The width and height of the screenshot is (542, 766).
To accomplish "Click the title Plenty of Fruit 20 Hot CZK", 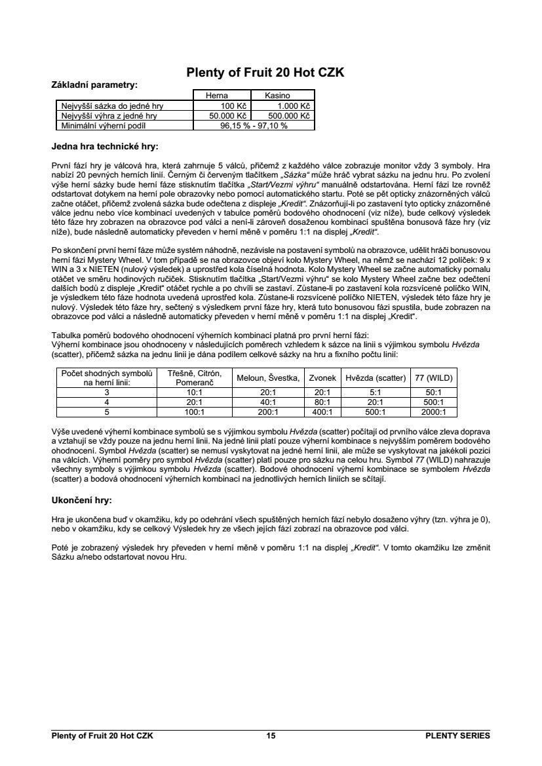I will [265, 73].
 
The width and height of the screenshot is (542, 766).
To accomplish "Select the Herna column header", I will [216, 96].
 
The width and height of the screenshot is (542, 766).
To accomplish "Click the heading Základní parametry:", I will [94, 85].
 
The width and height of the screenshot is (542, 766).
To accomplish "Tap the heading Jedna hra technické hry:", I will [105, 145].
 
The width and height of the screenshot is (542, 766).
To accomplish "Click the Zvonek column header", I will [322, 378].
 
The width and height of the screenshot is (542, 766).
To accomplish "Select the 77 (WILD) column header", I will [433, 378].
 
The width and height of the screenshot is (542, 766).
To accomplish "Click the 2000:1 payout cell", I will [433, 412].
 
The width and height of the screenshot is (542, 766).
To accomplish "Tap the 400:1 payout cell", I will [322, 412].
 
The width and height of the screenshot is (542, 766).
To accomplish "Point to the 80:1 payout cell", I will [322, 402].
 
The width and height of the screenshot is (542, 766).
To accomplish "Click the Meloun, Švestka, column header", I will [268, 378].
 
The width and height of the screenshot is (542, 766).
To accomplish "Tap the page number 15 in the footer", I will [271, 736].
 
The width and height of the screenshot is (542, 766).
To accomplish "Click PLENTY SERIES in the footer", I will [457, 736].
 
